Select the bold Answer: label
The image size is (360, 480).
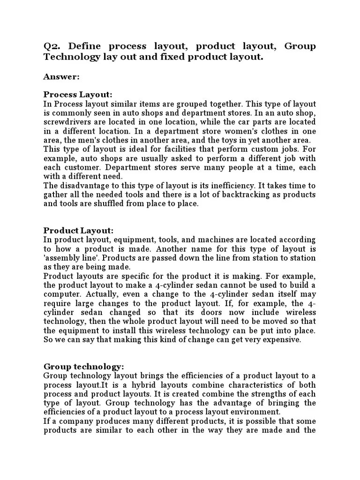click(x=61, y=76)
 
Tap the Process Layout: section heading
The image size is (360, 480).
click(x=78, y=94)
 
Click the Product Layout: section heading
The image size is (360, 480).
click(x=79, y=230)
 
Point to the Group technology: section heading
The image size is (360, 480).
click(x=84, y=366)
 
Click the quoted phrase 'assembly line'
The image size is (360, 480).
click(x=68, y=258)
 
